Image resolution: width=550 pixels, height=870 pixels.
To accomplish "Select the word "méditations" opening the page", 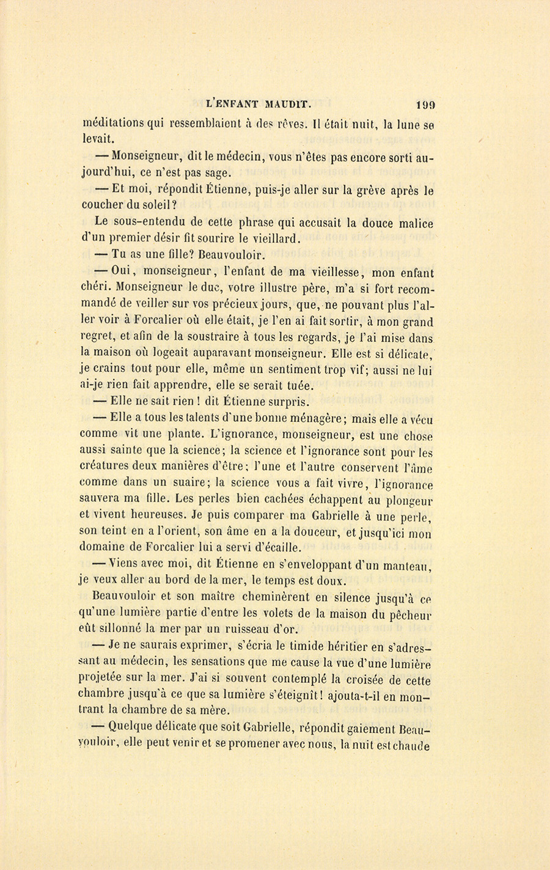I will click(x=114, y=122).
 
